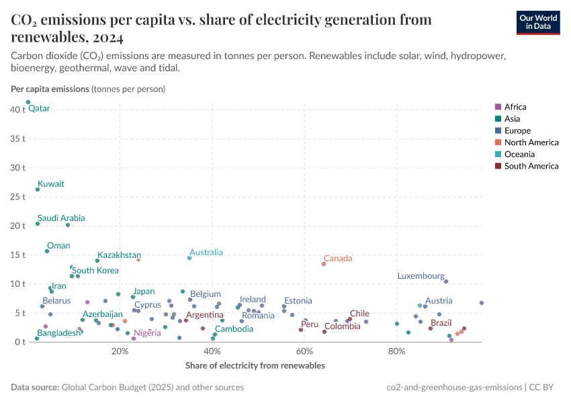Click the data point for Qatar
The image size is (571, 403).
pyautogui.click(x=28, y=102)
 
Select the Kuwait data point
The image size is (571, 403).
pyautogui.click(x=38, y=189)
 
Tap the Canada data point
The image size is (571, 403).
pyautogui.click(x=324, y=264)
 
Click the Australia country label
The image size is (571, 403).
pyautogui.click(x=206, y=253)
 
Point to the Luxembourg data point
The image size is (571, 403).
pyautogui.click(x=446, y=281)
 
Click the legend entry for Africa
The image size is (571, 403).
pyautogui.click(x=515, y=107)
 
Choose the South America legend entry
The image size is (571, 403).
pyautogui.click(x=531, y=166)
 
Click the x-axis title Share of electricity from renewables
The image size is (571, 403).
pyautogui.click(x=255, y=366)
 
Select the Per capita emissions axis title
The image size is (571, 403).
pyautogui.click(x=50, y=89)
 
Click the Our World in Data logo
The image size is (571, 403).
pyautogui.click(x=537, y=21)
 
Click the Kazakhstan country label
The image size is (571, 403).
pyautogui.click(x=119, y=255)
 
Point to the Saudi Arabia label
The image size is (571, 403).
pyautogui.click(x=61, y=218)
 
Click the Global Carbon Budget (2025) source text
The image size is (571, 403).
pyautogui.click(x=111, y=388)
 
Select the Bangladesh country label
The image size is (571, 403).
pyautogui.click(x=58, y=333)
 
